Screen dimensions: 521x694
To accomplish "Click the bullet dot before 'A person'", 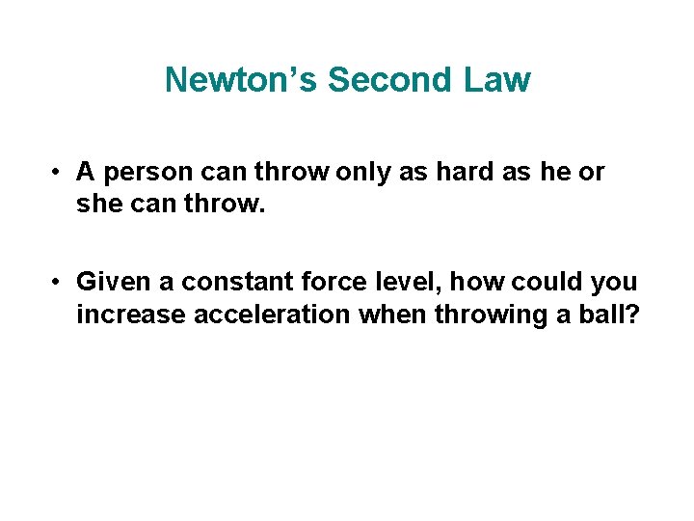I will tap(59, 173).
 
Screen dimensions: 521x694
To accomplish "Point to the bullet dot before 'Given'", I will tap(59, 282).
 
